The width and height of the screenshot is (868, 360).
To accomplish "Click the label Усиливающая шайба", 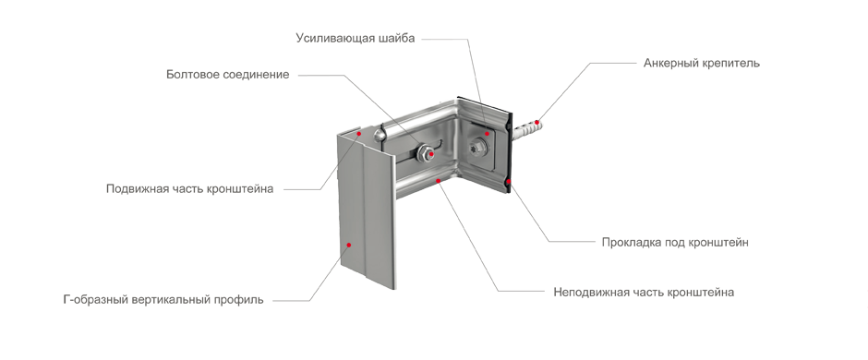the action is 355,39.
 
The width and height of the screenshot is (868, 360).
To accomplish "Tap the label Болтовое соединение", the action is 227,75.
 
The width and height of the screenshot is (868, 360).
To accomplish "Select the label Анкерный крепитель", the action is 702,63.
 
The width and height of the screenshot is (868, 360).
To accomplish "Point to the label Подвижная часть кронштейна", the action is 190,189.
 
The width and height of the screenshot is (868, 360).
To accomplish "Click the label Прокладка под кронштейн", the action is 675,242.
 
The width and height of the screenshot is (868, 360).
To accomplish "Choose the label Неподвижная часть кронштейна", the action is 644,292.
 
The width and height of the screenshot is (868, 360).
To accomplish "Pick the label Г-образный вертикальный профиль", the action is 163,300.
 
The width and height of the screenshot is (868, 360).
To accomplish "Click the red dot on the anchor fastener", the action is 536,122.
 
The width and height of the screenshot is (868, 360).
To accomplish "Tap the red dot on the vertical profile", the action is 349,244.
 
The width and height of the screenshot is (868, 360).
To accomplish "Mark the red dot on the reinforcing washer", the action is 488,133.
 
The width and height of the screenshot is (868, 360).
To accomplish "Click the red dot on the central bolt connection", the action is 431,154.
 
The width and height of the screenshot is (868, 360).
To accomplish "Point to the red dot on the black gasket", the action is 508,181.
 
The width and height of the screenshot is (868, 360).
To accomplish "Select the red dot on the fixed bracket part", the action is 438,180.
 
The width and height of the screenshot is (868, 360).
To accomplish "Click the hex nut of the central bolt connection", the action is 425,152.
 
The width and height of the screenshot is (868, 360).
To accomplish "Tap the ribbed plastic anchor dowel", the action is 527,128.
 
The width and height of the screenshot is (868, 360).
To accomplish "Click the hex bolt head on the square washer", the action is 477,148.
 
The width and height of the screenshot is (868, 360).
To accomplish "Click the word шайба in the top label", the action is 396,39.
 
